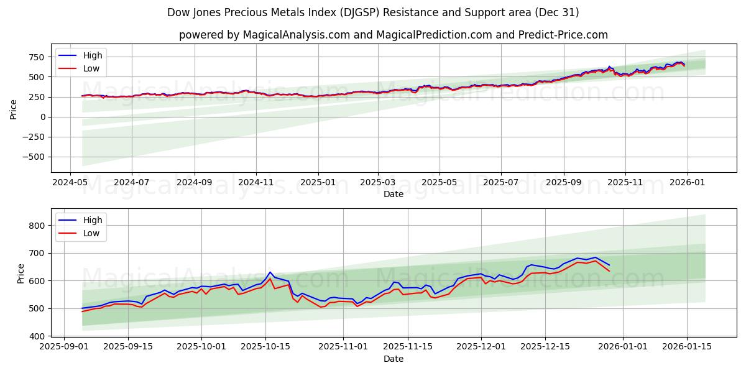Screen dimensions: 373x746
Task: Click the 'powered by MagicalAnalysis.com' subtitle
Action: point(393,35)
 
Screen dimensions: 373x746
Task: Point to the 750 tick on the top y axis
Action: point(36,57)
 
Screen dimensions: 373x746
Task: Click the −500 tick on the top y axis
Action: point(32,157)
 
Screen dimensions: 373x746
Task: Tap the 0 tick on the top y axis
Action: point(42,117)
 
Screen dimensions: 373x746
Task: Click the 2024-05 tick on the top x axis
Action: point(70,183)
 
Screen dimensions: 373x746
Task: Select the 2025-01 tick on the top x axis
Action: point(318,183)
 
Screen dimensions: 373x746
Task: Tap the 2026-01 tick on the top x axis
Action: point(687,183)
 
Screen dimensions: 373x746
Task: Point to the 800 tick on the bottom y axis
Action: point(36,226)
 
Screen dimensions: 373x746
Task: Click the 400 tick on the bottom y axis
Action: point(36,336)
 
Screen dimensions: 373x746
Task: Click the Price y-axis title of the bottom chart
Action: point(21,274)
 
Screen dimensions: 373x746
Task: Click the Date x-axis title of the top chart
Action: point(393,194)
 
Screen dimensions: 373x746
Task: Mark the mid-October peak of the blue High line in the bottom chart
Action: point(270,272)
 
